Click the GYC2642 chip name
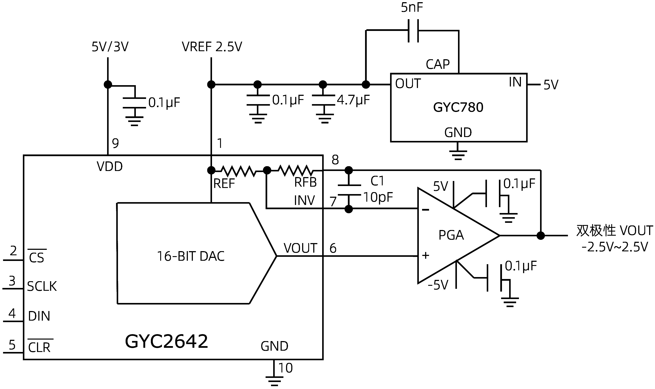[x=167, y=342]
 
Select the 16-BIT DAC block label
[x=191, y=256]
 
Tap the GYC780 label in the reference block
[x=458, y=107]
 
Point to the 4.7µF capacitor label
[x=353, y=100]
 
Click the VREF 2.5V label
[x=212, y=47]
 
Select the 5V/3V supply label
[x=110, y=47]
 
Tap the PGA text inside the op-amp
[x=451, y=235]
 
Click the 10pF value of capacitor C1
[x=378, y=197]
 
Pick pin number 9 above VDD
[x=115, y=143]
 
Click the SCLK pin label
[x=42, y=286]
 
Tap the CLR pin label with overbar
[x=39, y=348]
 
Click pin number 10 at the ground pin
[x=285, y=368]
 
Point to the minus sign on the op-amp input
[x=426, y=210]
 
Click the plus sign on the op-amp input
[x=426, y=255]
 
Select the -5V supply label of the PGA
[x=438, y=285]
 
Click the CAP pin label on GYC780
[x=438, y=64]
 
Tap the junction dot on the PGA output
[x=541, y=236]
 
